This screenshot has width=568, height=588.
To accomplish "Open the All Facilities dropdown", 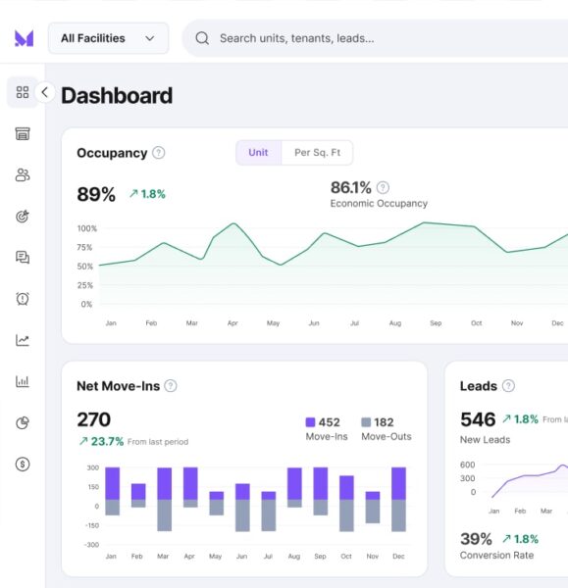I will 108,38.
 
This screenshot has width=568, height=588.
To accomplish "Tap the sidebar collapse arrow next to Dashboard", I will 44,92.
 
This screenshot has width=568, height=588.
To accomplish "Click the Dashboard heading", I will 117,95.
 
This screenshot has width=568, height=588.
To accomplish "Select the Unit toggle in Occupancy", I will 258,153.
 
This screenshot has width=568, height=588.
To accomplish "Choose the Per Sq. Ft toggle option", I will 317,153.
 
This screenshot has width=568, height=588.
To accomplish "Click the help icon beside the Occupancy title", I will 159,153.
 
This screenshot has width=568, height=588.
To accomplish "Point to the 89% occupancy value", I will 96,194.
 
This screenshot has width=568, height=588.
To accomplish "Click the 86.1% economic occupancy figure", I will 350,187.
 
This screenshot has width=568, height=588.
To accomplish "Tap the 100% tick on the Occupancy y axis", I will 86,228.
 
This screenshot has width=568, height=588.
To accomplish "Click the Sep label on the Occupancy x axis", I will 436,322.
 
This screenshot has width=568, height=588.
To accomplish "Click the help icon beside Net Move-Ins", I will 171,386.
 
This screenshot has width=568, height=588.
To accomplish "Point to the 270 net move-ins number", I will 94,419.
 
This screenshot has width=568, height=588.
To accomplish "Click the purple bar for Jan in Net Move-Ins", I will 112,483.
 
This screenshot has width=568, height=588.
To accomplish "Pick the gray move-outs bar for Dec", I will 398,515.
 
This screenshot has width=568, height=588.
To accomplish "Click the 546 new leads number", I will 478,419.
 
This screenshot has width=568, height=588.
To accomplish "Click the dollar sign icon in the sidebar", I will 23,465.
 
